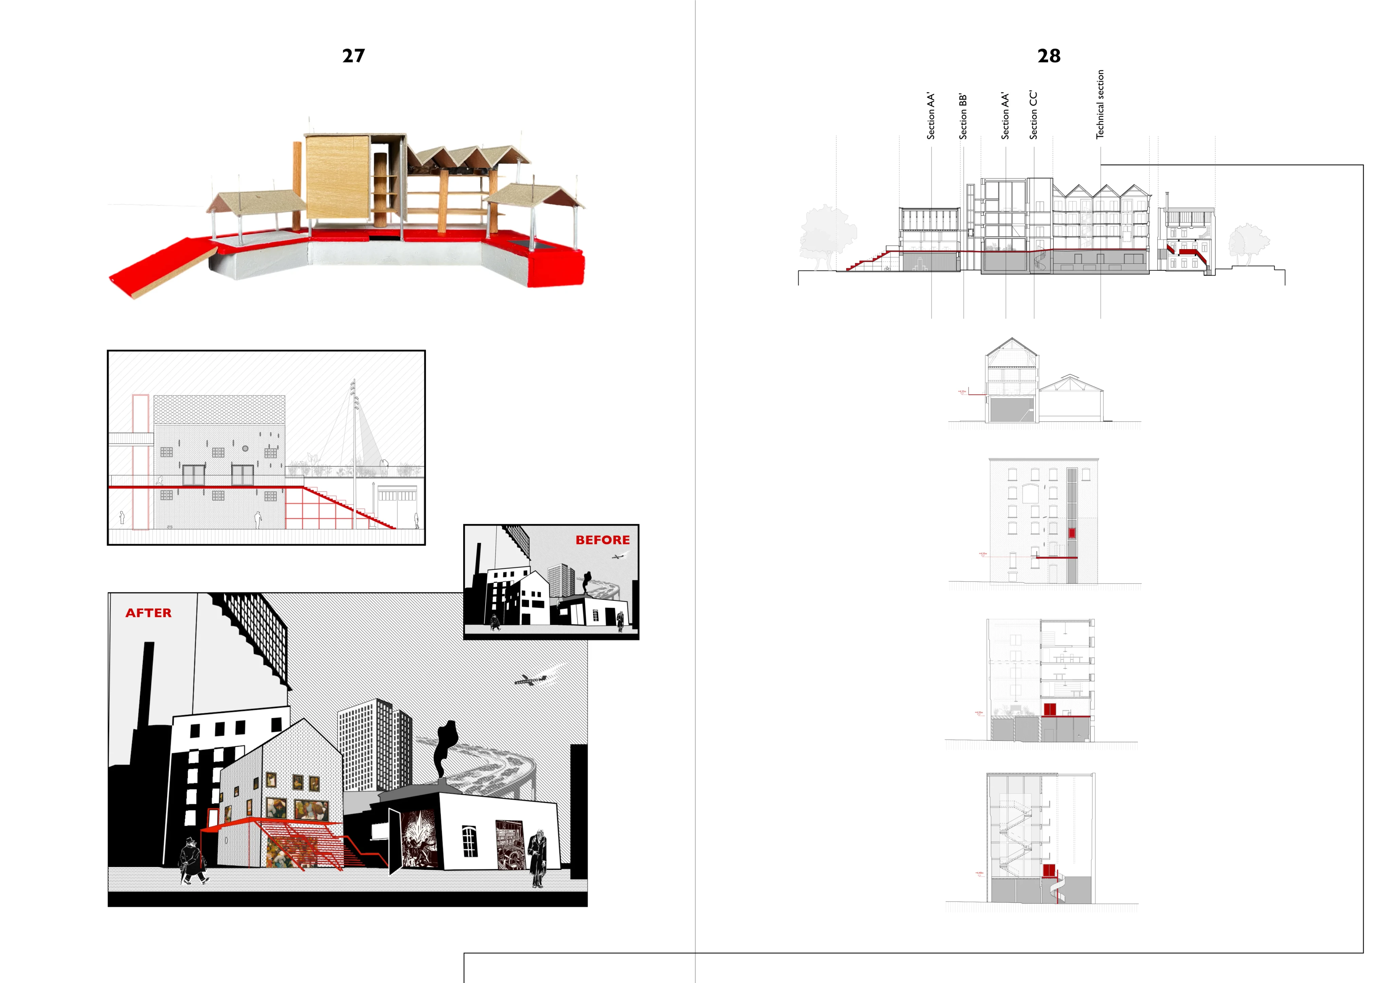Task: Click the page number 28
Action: pyautogui.click(x=1049, y=56)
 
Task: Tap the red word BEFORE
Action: pyautogui.click(x=602, y=540)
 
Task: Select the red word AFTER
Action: pyautogui.click(x=148, y=613)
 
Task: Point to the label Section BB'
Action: pyautogui.click(x=963, y=116)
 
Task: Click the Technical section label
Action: pyautogui.click(x=1100, y=104)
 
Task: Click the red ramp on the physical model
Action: pyautogui.click(x=161, y=266)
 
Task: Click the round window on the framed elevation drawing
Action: pyautogui.click(x=246, y=449)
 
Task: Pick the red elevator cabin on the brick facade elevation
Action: pyautogui.click(x=1072, y=533)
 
